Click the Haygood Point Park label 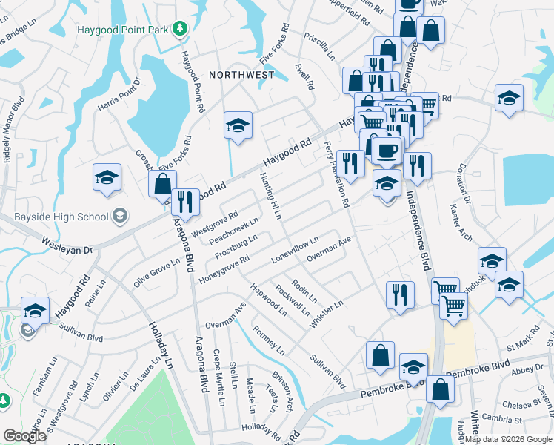point(122,29)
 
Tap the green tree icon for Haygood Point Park point(179,29)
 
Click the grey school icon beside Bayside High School point(119,217)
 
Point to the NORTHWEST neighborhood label point(241,75)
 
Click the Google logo point(24,436)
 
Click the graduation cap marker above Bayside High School point(107,177)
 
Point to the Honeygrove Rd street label point(223,269)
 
